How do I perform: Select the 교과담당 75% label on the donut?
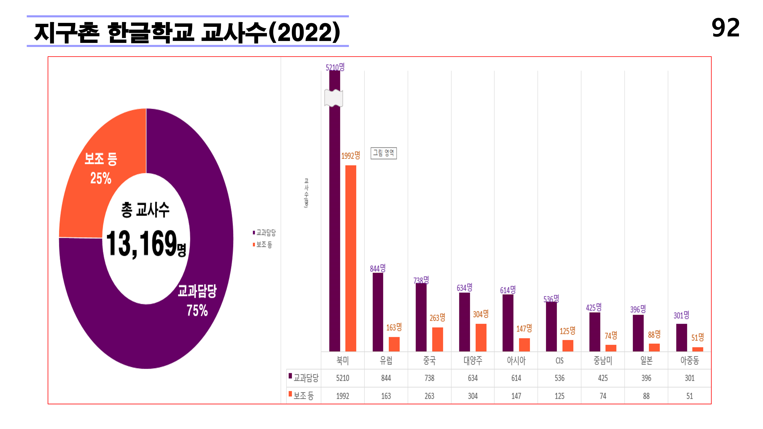pos(197,300)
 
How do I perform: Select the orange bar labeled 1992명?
pos(351,258)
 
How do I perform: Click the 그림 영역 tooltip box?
pos(384,153)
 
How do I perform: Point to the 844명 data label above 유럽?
pos(378,268)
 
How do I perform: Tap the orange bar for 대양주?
pos(481,337)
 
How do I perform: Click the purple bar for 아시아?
pos(508,323)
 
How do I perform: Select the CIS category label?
pos(559,361)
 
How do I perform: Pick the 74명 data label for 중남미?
pos(611,335)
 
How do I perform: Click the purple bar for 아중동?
pos(682,337)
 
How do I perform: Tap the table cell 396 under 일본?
pos(646,378)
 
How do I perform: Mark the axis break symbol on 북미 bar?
pos(334,98)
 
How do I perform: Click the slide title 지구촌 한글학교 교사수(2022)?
pos(187,32)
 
